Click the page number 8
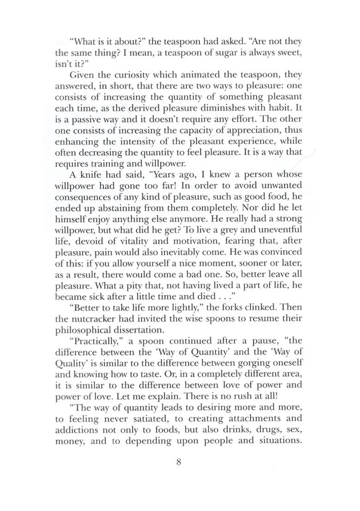[180, 462]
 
